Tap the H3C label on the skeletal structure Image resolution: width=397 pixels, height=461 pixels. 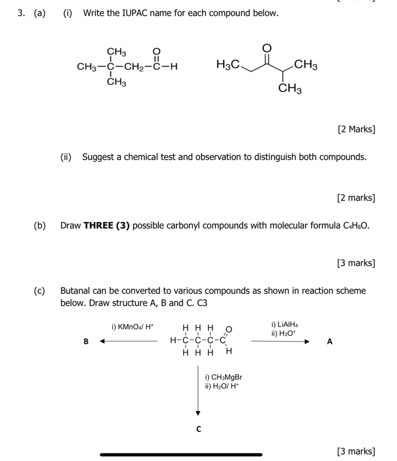pos(228,65)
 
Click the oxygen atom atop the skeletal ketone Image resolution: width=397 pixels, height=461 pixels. pos(266,47)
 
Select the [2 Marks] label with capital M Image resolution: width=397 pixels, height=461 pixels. pos(356,129)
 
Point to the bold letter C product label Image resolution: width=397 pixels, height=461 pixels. pos(199,429)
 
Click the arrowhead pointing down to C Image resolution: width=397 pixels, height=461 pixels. pos(199,413)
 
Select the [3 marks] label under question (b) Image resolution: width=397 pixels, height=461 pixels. pos(356,263)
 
